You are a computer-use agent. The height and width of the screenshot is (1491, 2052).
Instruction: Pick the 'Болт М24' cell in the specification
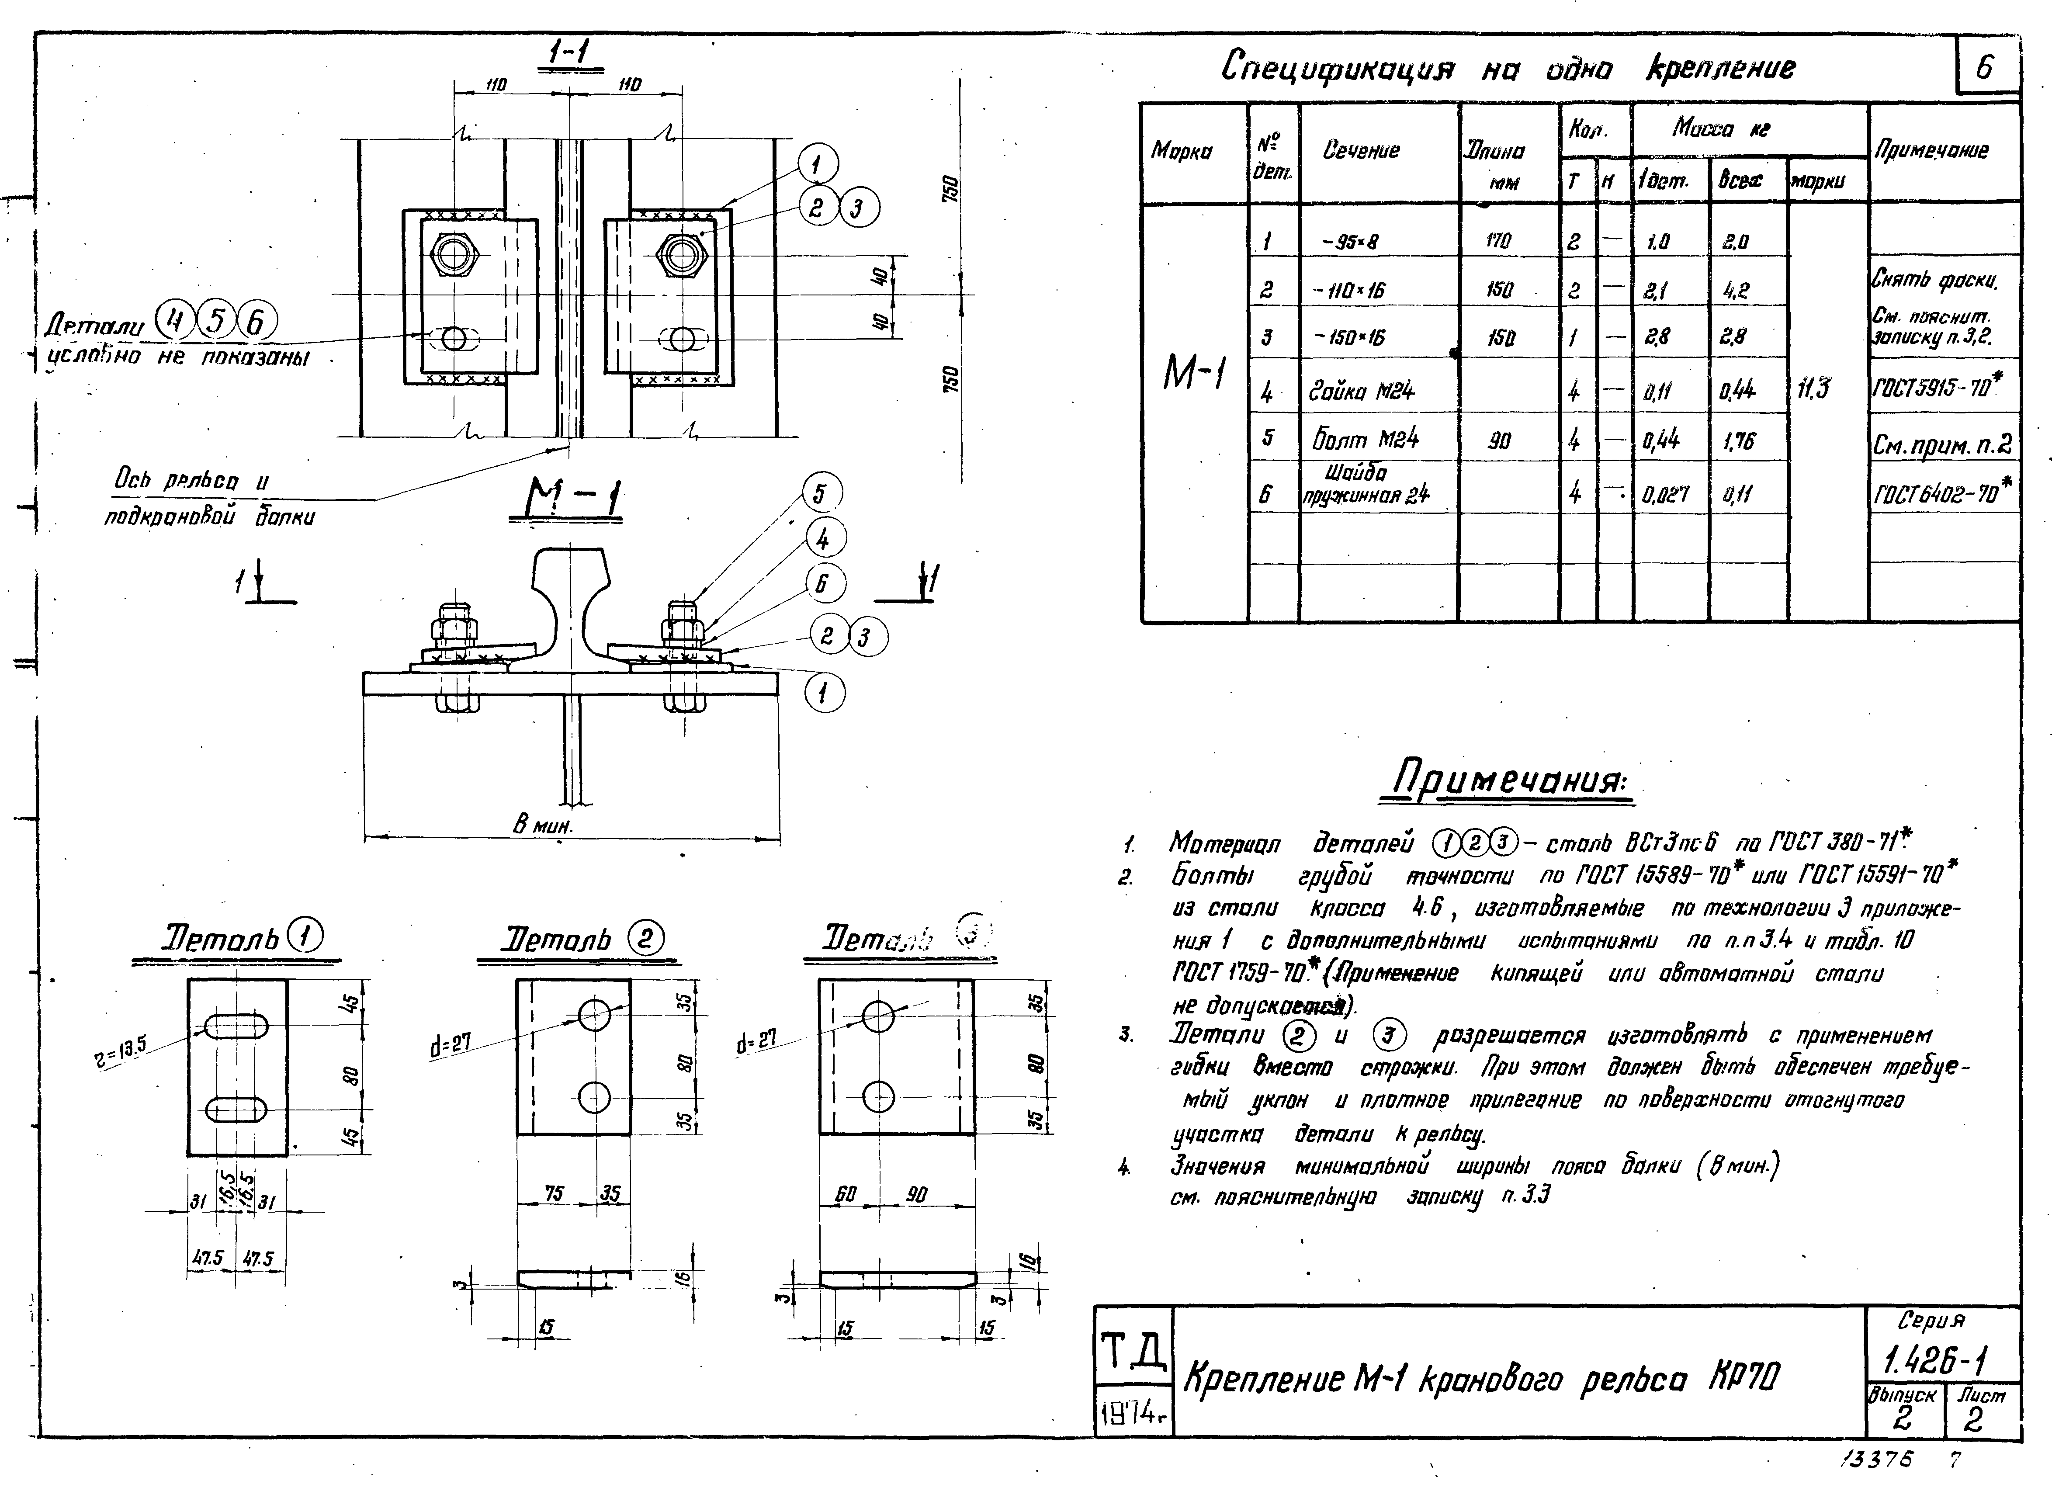(x=1364, y=440)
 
